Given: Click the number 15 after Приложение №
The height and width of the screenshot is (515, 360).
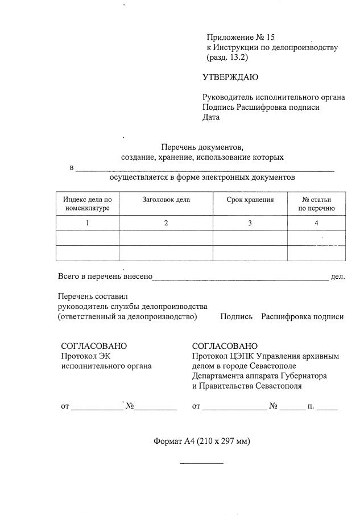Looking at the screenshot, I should [268, 37].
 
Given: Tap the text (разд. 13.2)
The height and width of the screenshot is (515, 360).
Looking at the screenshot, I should [228, 57].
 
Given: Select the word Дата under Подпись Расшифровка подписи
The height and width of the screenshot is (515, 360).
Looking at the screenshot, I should [211, 118].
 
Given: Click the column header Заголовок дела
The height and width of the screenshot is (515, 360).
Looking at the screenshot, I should [165, 200].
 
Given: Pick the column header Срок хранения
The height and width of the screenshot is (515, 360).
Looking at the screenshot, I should [250, 200].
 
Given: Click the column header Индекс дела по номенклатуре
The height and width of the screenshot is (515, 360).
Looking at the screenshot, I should [87, 204].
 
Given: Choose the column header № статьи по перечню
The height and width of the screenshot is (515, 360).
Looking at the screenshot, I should [316, 204].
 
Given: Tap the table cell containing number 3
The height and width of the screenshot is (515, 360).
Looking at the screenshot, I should [250, 223].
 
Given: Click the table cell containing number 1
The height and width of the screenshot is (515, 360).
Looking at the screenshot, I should [87, 223].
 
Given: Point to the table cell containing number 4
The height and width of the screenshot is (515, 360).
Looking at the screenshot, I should [316, 223].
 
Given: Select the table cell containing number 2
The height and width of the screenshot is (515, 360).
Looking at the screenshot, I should [165, 223].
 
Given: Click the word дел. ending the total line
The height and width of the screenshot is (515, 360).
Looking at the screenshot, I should [338, 277].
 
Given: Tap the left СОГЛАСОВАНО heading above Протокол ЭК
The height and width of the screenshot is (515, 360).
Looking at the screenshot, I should [94, 346].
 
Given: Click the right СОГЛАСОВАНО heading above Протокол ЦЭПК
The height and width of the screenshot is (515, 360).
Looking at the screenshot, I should [225, 346].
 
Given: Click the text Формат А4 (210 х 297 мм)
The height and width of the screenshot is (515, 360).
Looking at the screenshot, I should [201, 441].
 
